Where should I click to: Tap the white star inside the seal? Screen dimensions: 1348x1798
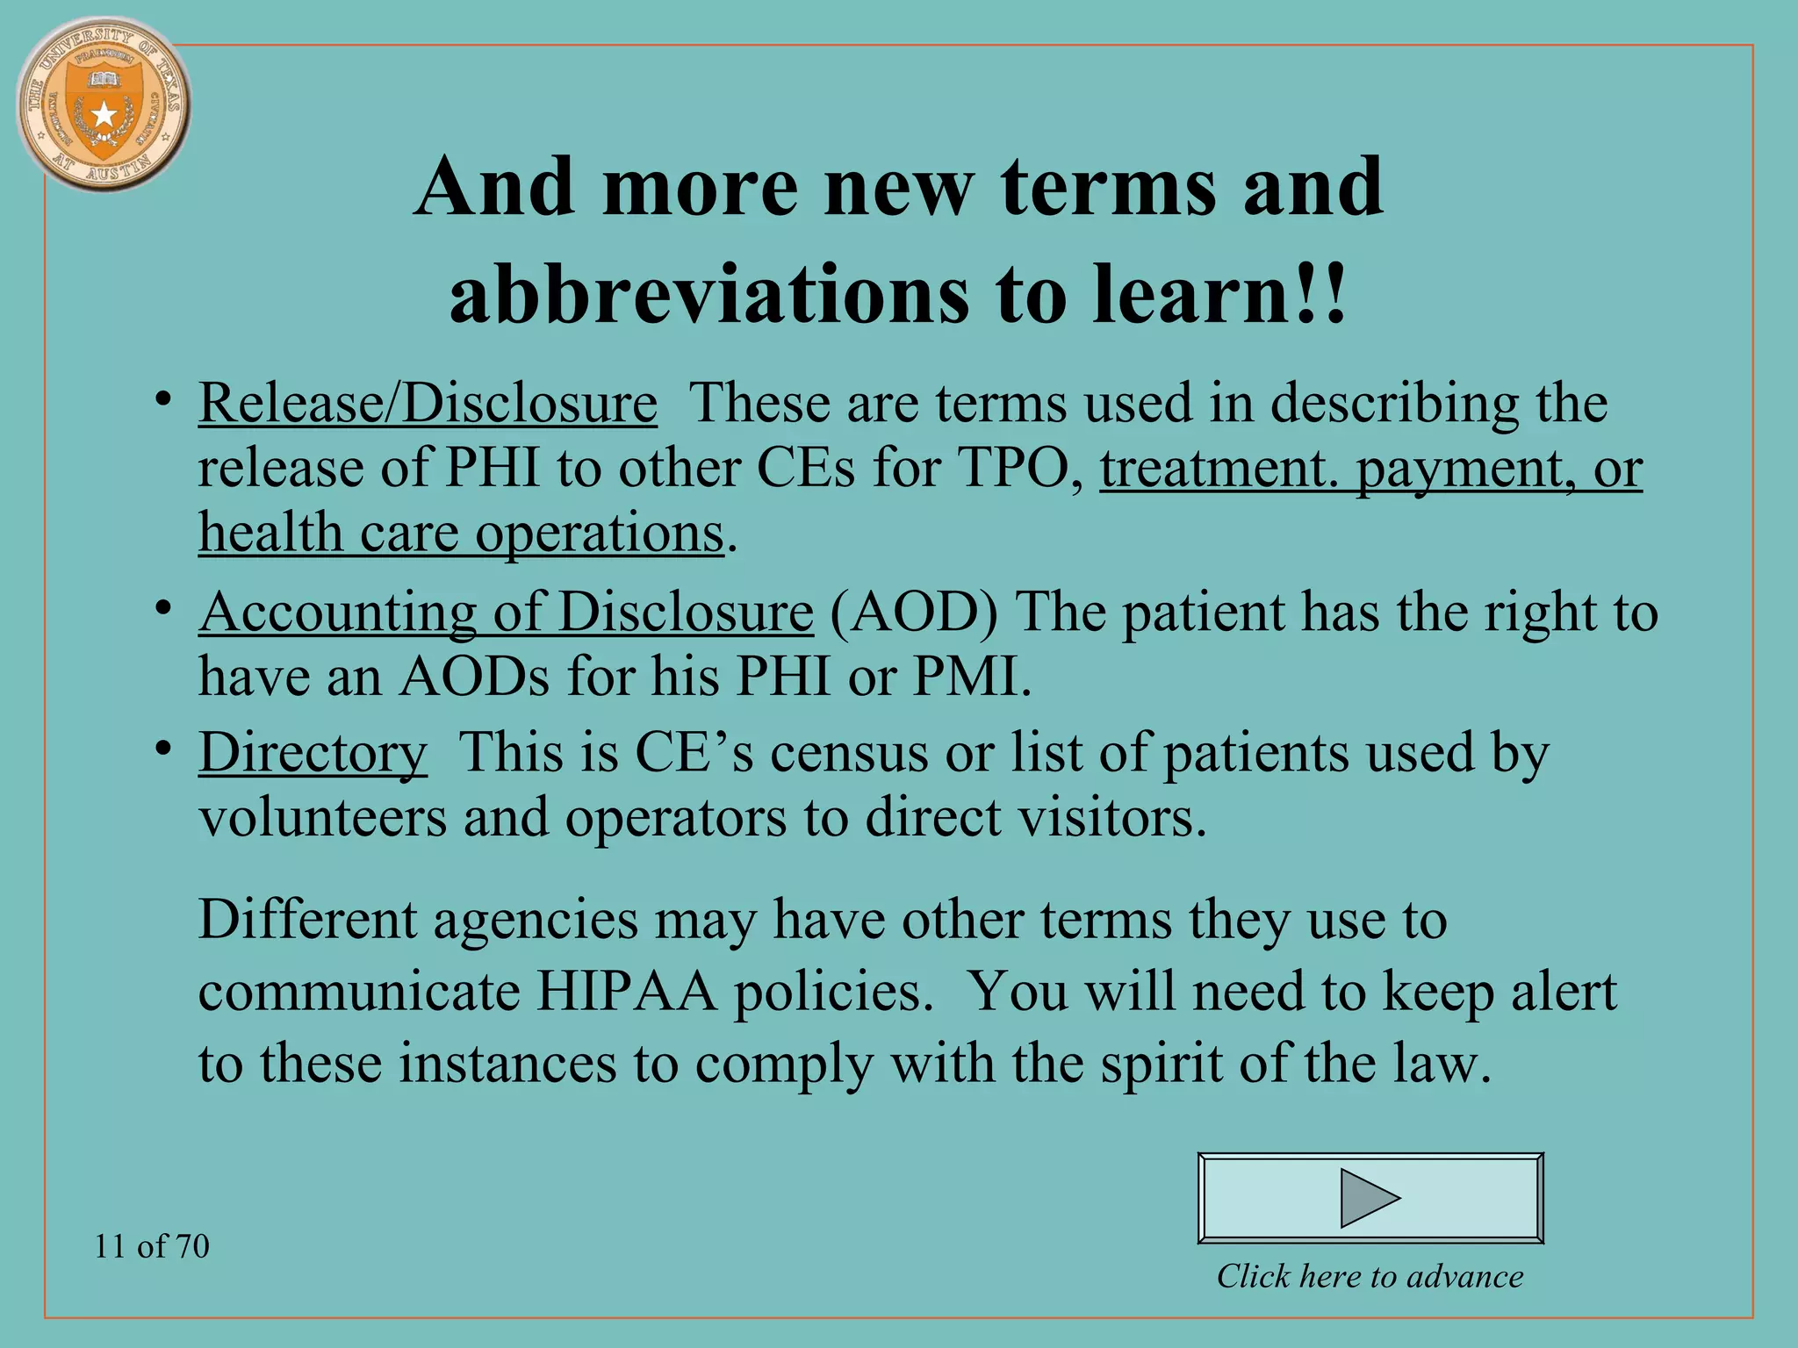(x=104, y=114)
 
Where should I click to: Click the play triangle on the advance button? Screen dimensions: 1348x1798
(x=1369, y=1198)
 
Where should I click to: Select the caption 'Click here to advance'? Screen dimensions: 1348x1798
(x=1370, y=1276)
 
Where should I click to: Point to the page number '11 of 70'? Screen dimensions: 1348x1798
(x=152, y=1246)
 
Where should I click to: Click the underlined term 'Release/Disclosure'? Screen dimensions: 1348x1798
(x=428, y=404)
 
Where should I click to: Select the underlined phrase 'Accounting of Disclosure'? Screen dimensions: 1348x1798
(x=506, y=612)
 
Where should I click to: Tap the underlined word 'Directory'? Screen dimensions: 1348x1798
(x=313, y=753)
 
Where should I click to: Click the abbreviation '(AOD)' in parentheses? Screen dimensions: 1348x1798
(x=913, y=612)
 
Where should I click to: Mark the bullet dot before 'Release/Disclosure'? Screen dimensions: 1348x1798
(x=162, y=400)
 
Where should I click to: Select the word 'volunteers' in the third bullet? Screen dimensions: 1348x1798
(x=322, y=818)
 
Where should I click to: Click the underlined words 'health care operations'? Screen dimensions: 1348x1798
(x=461, y=534)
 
